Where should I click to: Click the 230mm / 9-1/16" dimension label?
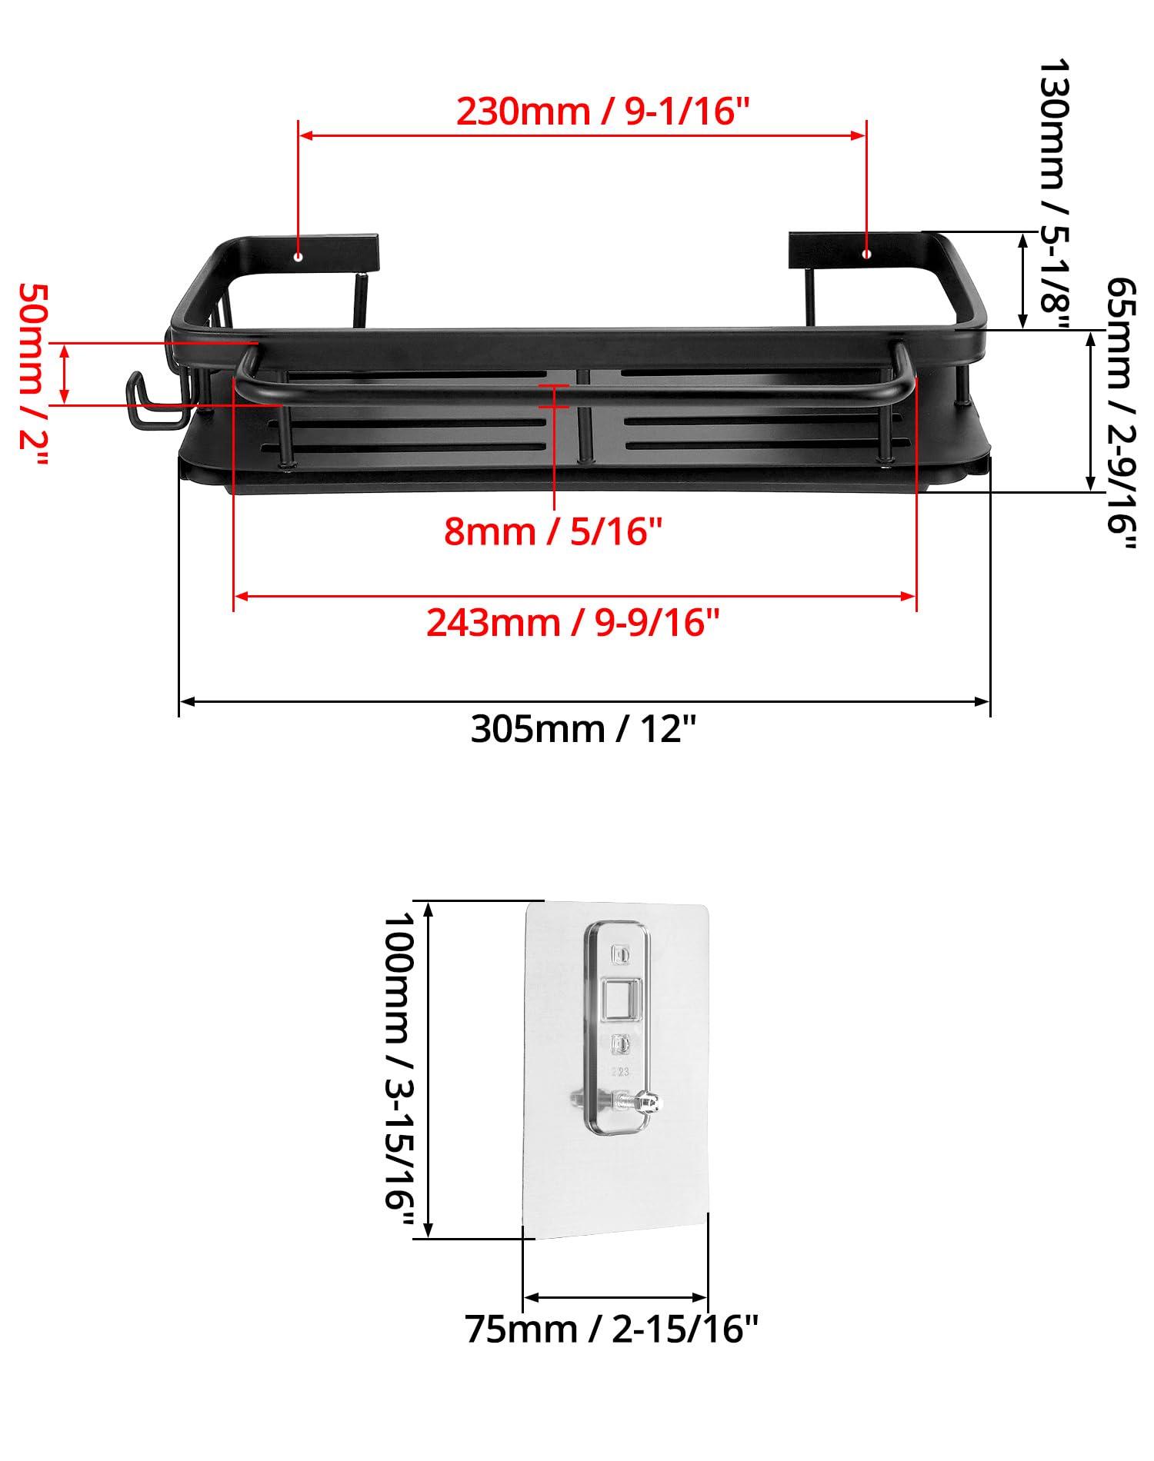point(602,111)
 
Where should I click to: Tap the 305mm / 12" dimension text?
point(583,728)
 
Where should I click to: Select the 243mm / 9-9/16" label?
point(573,622)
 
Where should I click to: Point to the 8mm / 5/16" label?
point(553,531)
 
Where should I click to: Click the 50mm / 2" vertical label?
point(34,377)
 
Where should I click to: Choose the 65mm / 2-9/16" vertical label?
point(1120,414)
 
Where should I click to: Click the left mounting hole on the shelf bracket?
point(299,256)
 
